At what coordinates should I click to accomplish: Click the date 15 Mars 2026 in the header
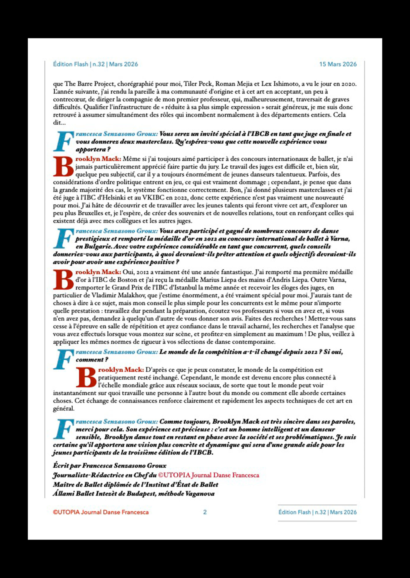pos(338,64)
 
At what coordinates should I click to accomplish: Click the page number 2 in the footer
pos(205,512)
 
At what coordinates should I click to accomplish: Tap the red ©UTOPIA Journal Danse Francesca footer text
pos(101,512)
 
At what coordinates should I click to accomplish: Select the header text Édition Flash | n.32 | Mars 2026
pos(95,64)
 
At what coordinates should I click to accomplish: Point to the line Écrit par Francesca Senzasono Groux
pos(110,466)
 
